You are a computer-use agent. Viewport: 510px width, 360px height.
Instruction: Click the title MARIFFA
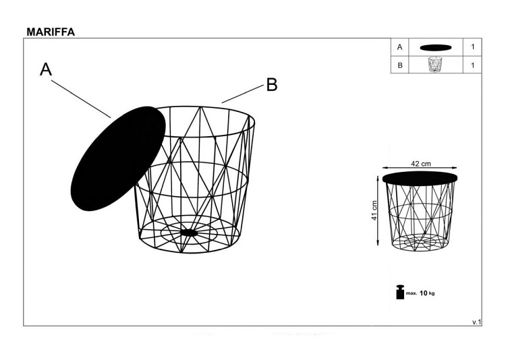tap(51, 32)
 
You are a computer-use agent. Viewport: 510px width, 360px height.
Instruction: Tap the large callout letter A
tap(46, 69)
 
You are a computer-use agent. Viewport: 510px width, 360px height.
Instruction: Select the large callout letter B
tap(271, 85)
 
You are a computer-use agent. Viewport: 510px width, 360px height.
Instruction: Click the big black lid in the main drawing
tap(118, 158)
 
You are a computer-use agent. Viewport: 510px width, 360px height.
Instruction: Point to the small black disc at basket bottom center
tap(190, 233)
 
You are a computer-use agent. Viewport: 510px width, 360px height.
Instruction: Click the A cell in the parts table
tap(400, 47)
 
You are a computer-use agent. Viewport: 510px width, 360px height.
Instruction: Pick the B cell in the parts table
tap(400, 65)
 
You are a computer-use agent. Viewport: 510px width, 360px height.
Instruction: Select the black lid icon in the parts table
tap(435, 47)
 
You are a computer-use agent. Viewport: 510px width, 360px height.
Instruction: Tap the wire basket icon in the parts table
tap(435, 65)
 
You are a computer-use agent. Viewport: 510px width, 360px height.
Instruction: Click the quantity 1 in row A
tap(473, 47)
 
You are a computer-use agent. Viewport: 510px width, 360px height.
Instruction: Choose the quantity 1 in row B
tap(473, 65)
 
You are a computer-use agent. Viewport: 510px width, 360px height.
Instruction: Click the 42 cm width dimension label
tap(421, 163)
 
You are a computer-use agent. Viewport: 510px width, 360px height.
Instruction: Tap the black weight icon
tap(400, 293)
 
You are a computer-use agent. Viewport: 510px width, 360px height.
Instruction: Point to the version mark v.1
tap(476, 322)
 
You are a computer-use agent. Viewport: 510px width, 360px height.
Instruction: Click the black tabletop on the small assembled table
tap(420, 177)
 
